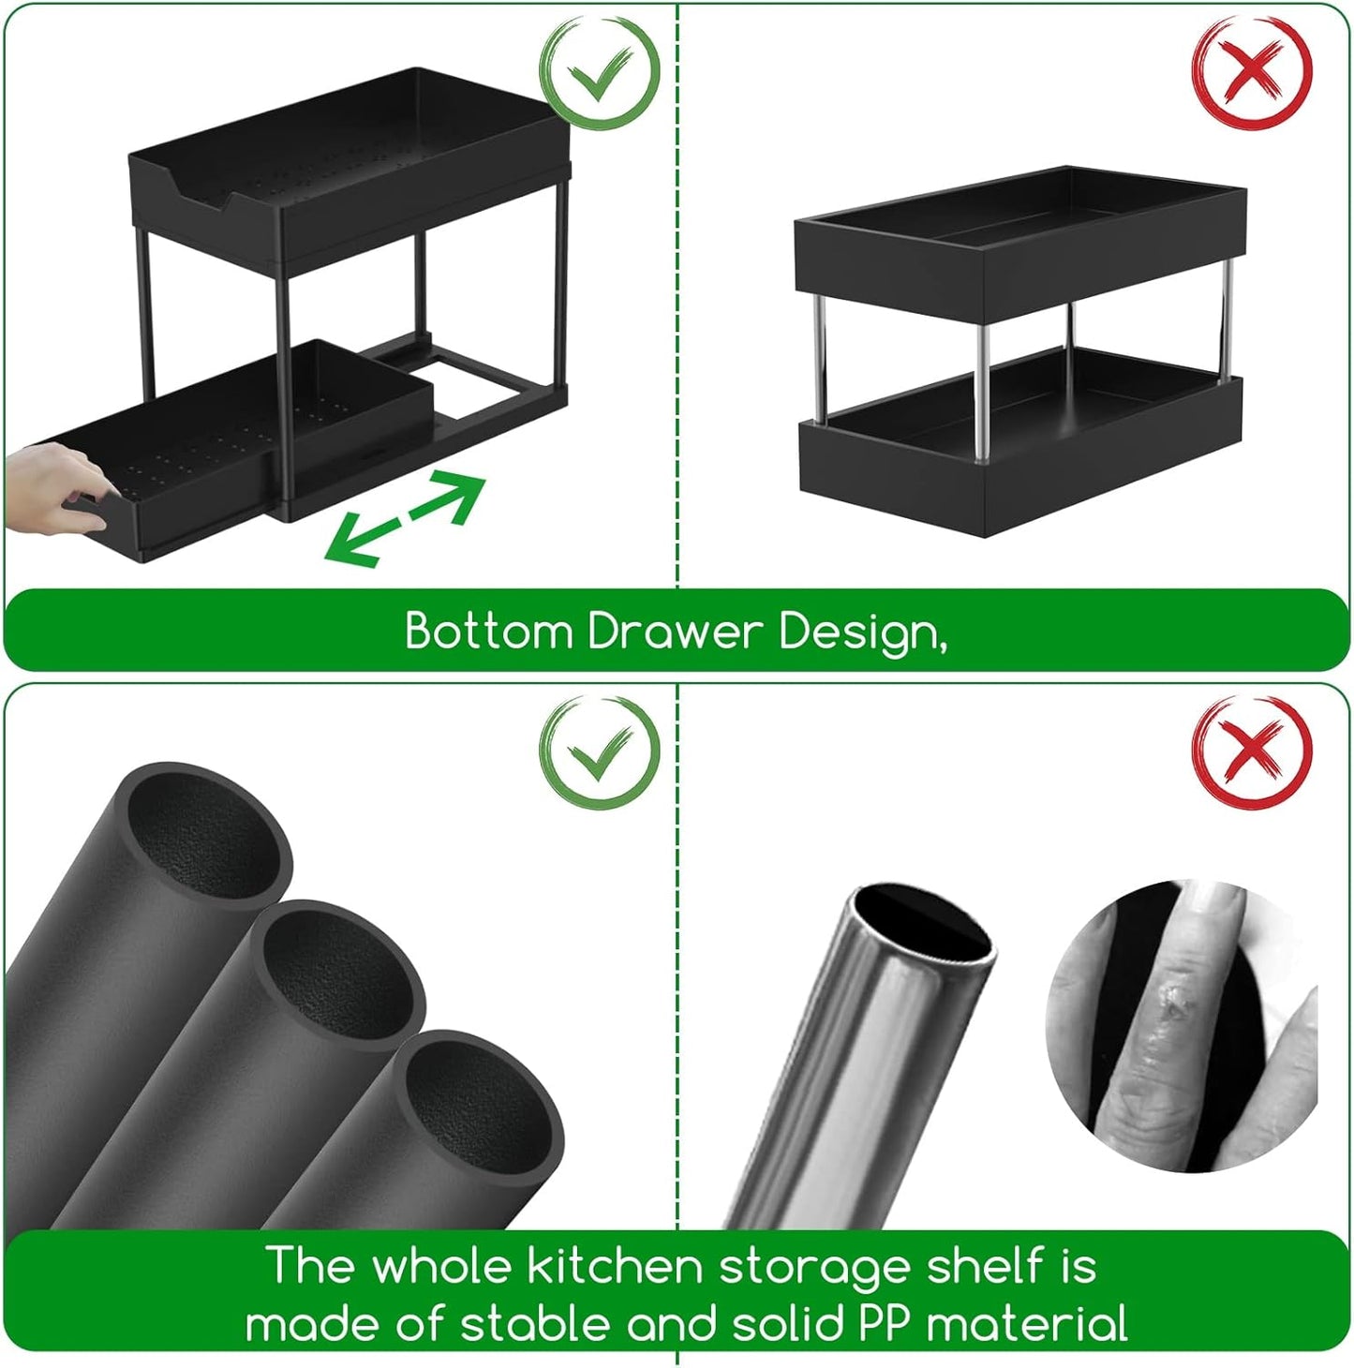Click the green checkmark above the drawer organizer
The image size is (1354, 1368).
(600, 74)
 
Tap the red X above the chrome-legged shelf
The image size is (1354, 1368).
(1252, 74)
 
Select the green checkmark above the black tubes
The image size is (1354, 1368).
(600, 752)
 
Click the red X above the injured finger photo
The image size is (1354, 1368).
(1252, 752)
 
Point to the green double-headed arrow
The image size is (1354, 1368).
(405, 518)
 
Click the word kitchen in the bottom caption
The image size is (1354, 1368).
(614, 1267)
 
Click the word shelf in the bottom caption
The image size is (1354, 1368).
(984, 1267)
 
